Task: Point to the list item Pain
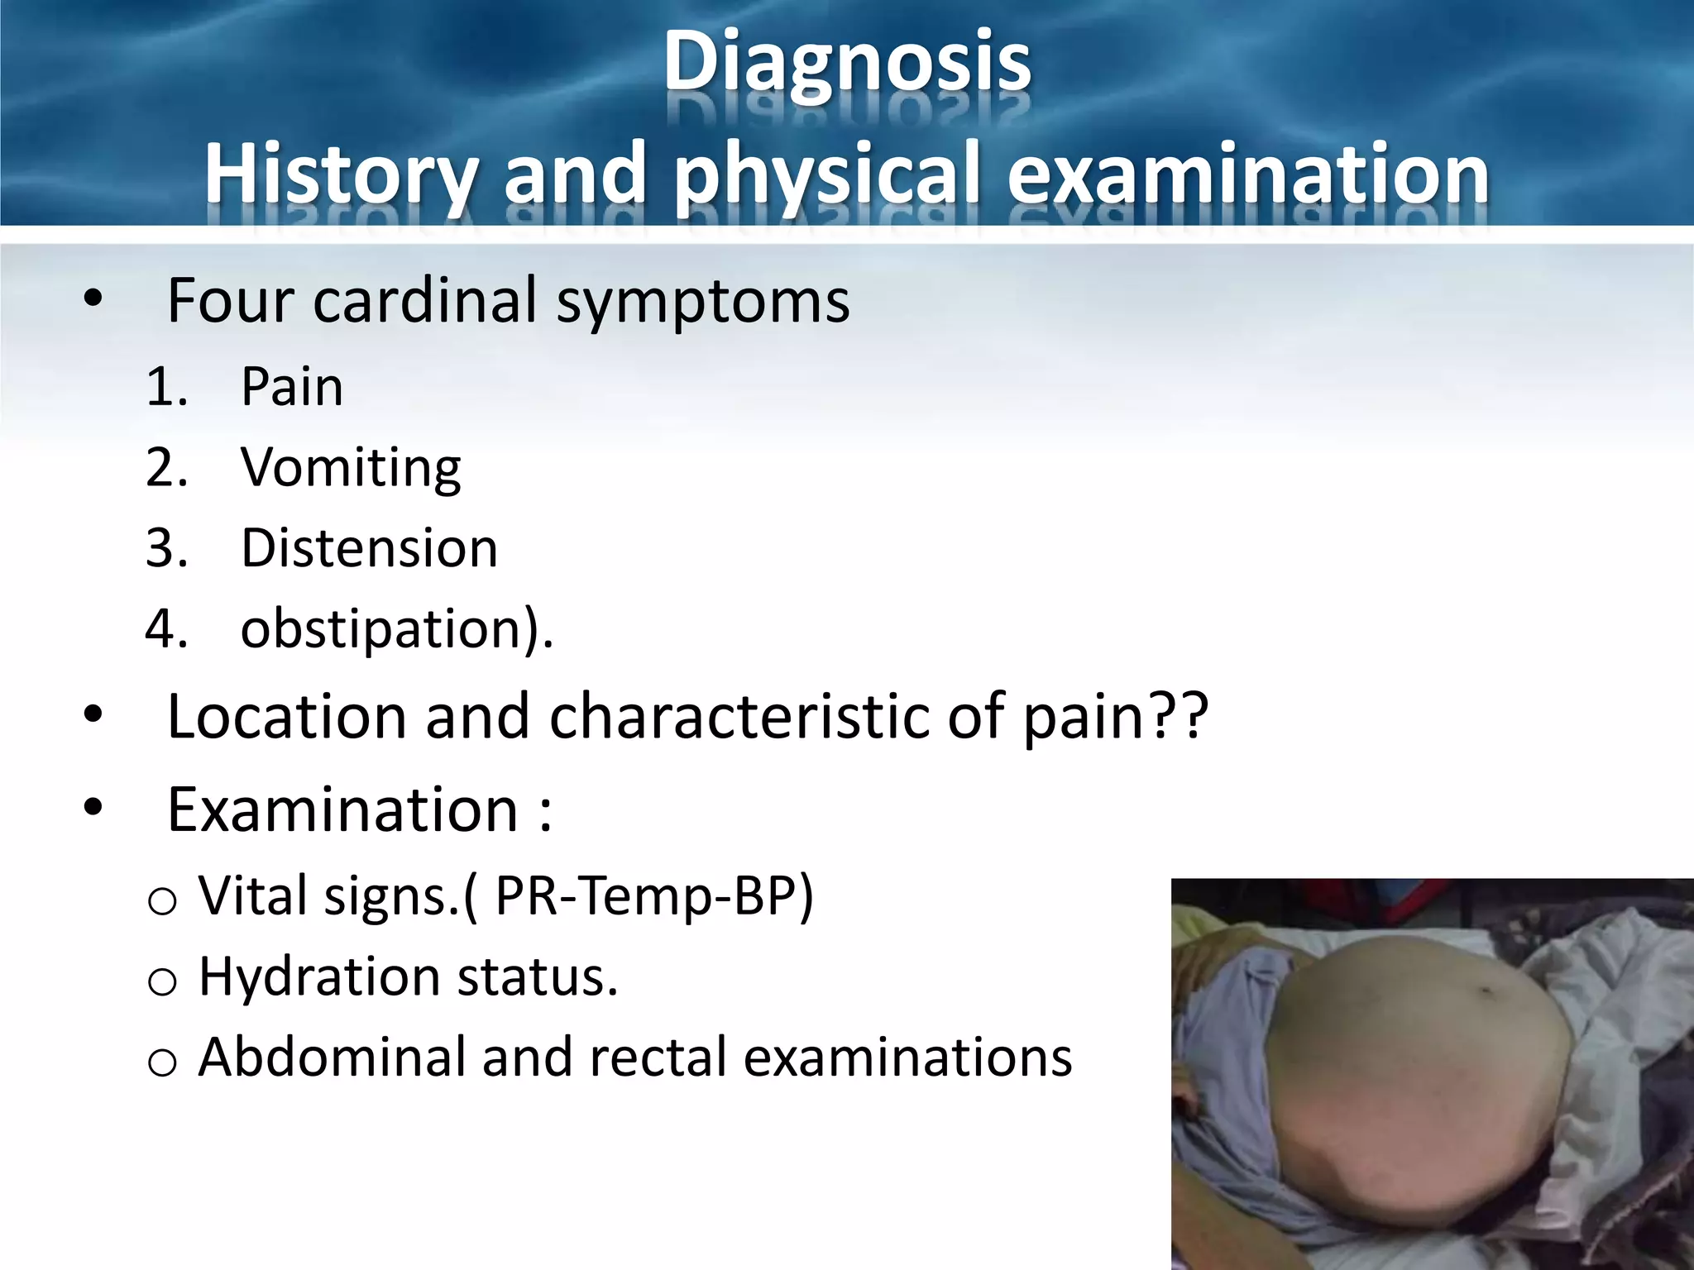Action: click(291, 387)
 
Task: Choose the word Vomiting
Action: click(351, 468)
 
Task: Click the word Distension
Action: click(369, 548)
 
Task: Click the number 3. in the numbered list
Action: click(167, 548)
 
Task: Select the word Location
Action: click(286, 716)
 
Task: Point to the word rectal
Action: click(657, 1058)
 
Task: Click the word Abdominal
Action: click(333, 1058)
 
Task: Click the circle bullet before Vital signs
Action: click(161, 901)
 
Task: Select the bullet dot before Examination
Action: click(93, 806)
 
